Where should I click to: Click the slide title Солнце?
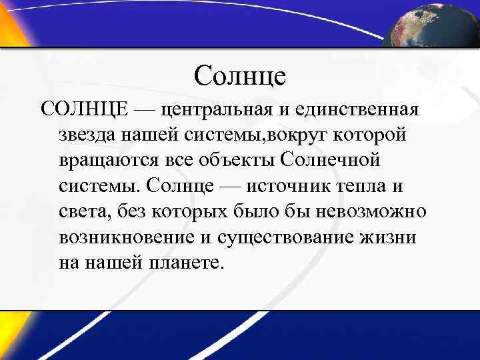click(240, 75)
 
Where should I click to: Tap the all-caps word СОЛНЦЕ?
click(84, 108)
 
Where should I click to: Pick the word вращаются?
click(105, 160)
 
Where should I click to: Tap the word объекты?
click(237, 160)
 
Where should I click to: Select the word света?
click(85, 212)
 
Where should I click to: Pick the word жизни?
click(389, 237)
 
